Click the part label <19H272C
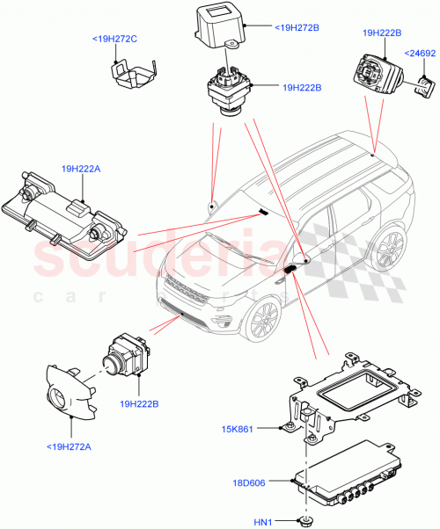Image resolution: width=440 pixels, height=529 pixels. (114, 39)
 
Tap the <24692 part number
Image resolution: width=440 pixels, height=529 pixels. (419, 54)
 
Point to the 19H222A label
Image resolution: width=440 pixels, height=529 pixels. (82, 167)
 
